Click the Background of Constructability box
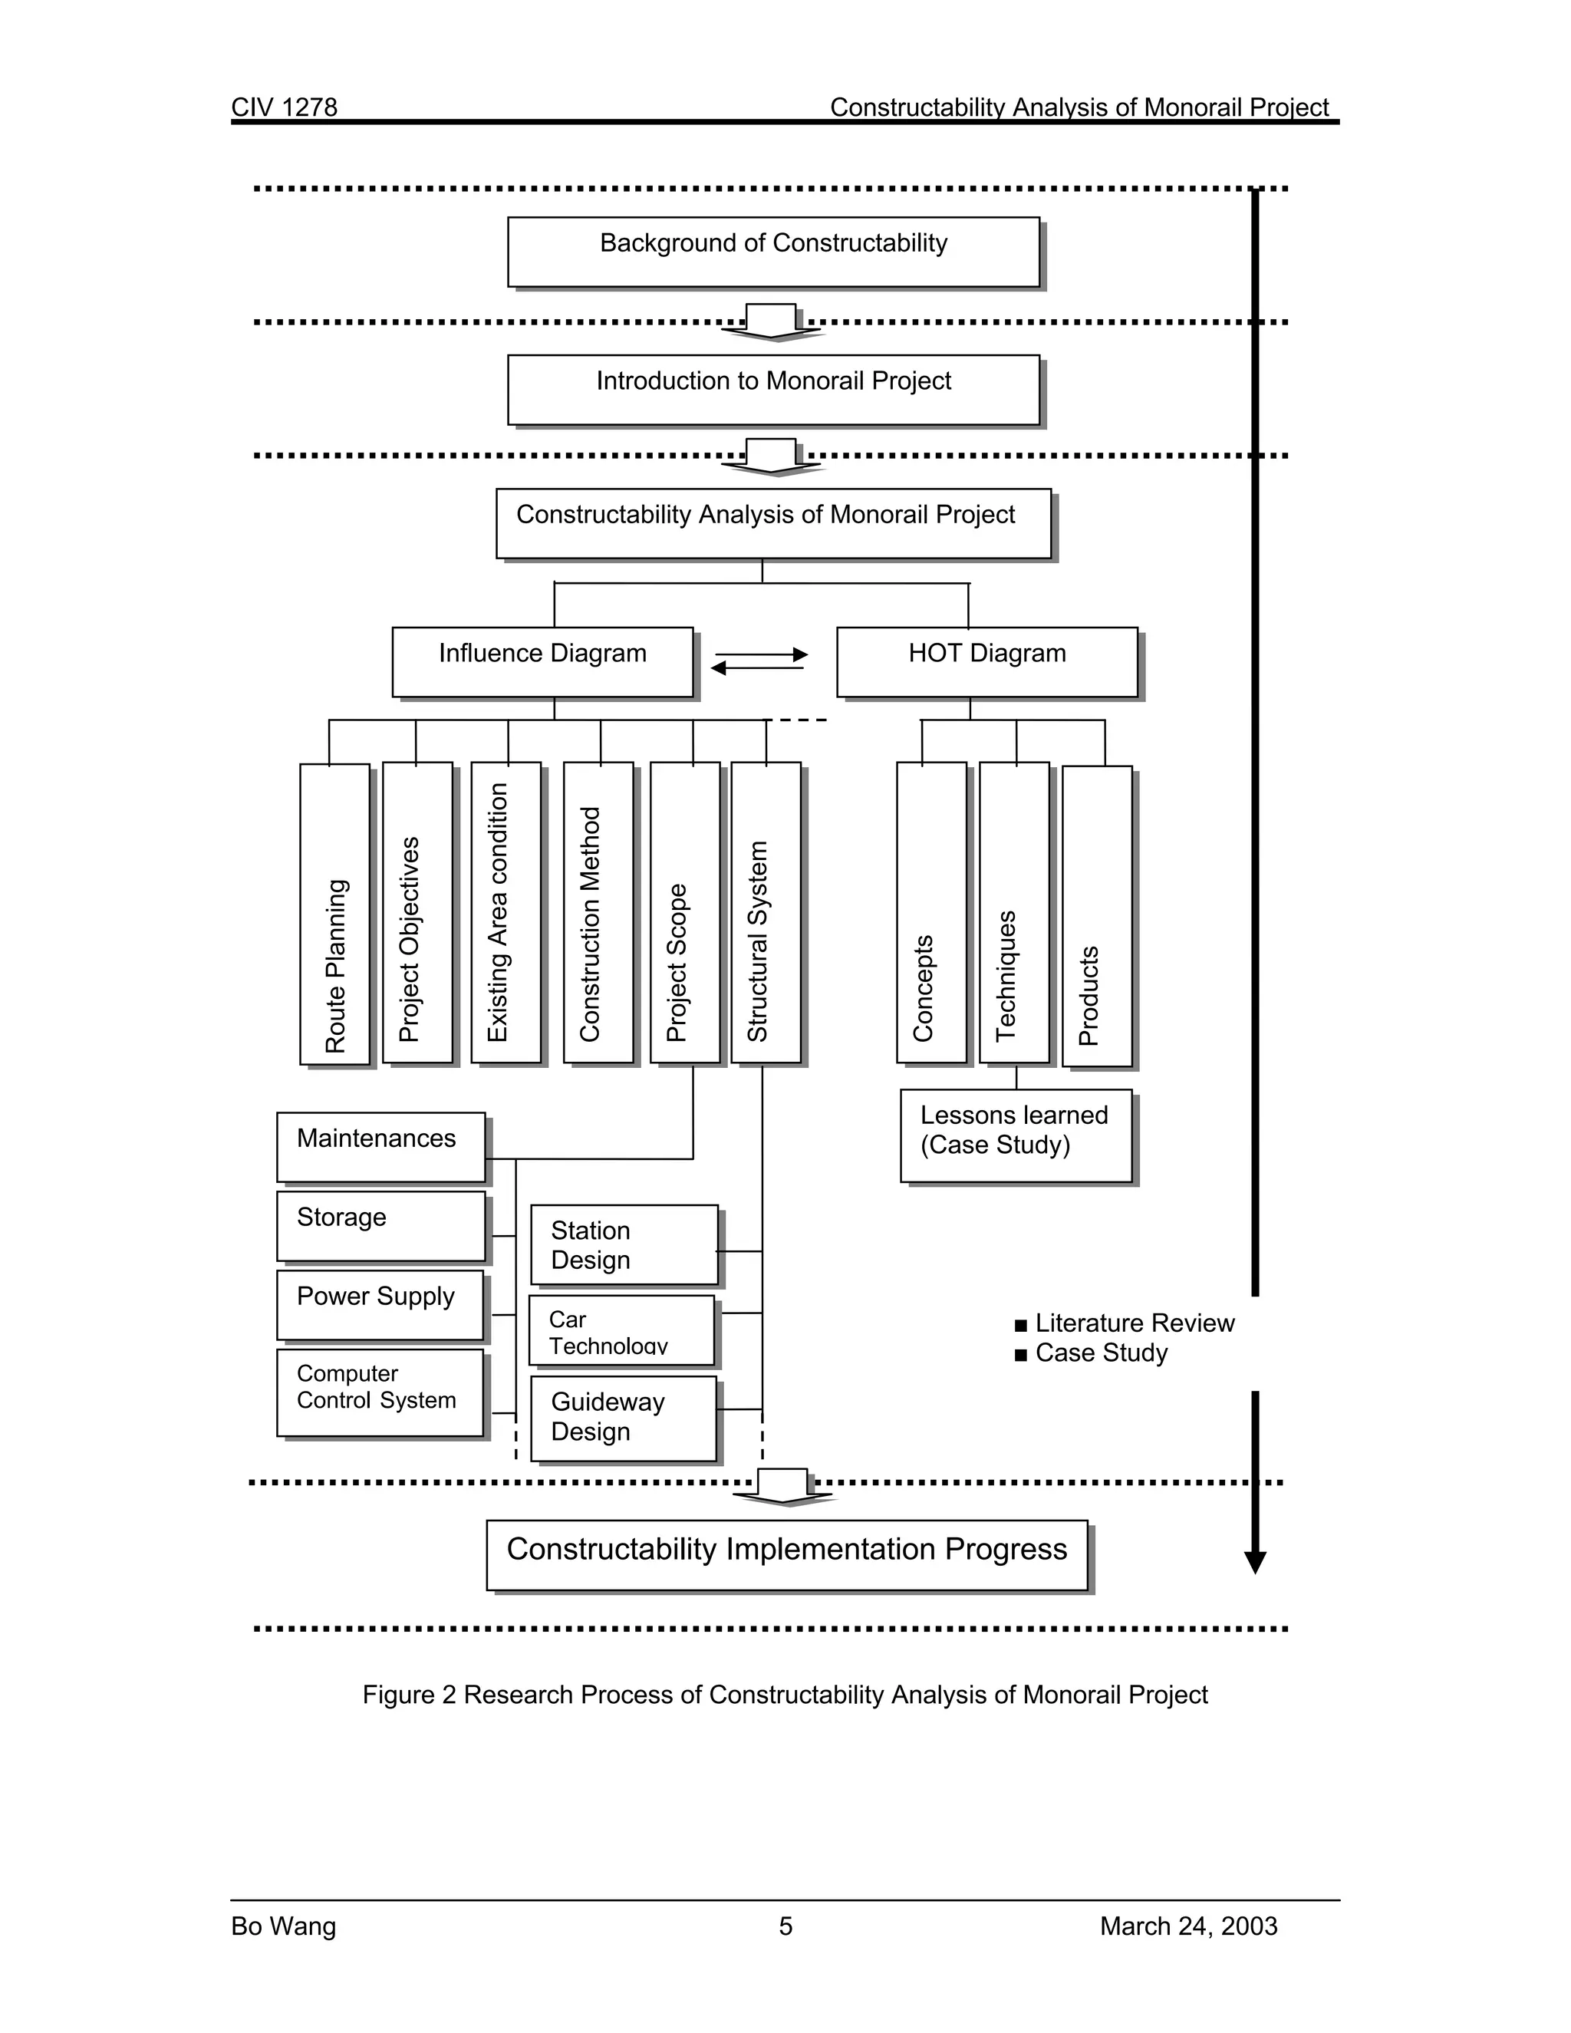click(772, 252)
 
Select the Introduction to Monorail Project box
click(772, 389)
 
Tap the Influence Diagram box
click(542, 662)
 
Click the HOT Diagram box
click(986, 662)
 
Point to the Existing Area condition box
click(506, 912)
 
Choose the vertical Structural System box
click(765, 912)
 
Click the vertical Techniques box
click(1013, 912)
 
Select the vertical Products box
click(1096, 916)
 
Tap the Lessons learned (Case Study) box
click(1016, 1135)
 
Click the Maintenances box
click(380, 1147)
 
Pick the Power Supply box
click(380, 1305)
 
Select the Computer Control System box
click(380, 1392)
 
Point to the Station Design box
click(624, 1244)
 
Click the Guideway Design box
click(624, 1418)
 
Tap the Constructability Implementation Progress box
click(786, 1556)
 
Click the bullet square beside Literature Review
click(1021, 1326)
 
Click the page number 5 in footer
click(785, 1926)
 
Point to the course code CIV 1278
click(284, 107)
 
